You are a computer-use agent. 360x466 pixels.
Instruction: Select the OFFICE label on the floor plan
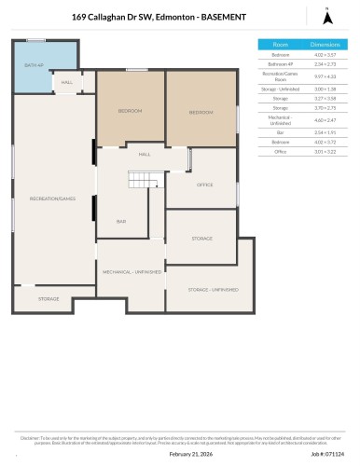(x=204, y=185)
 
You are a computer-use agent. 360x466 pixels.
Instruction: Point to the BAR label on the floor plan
(x=121, y=221)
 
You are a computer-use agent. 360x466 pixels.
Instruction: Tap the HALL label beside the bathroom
(x=67, y=82)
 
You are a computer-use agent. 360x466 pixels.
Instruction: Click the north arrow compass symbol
(x=326, y=16)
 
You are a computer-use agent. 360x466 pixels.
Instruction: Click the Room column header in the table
(x=280, y=45)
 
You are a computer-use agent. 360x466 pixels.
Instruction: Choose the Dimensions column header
(x=324, y=45)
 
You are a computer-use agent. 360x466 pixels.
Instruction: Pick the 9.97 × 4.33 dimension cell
(x=324, y=76)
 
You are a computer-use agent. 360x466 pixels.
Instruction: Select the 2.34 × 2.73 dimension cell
(x=324, y=64)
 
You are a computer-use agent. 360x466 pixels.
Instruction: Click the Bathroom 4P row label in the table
(x=280, y=64)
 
